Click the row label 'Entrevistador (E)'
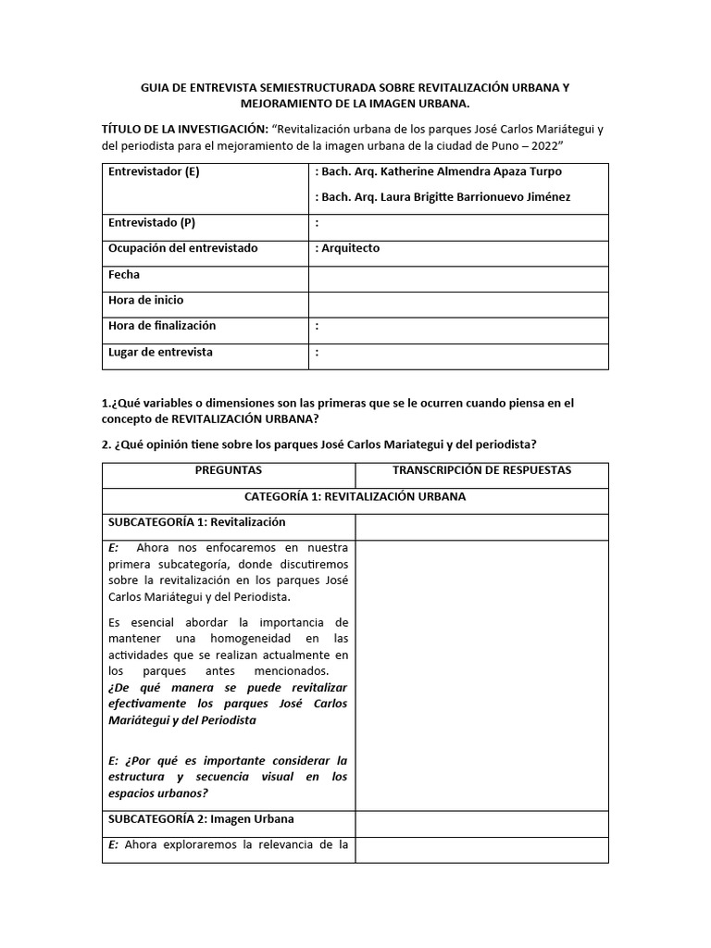[x=154, y=171]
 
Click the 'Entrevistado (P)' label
[x=152, y=223]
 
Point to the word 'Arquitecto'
[x=350, y=248]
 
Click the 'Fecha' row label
[x=124, y=275]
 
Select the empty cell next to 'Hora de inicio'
[x=458, y=301]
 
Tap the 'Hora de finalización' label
[x=162, y=326]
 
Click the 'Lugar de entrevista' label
[x=160, y=352]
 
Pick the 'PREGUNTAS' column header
[x=229, y=470]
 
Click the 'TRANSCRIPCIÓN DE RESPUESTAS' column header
[x=481, y=470]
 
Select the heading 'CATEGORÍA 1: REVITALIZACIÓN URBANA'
[x=355, y=496]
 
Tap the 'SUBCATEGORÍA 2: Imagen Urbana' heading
[x=201, y=819]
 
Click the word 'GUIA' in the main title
[x=156, y=87]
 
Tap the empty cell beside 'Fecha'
[x=458, y=275]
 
